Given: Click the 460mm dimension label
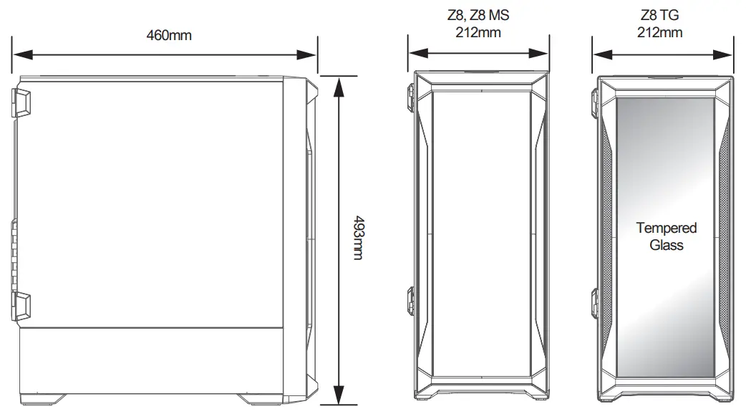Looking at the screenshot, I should (169, 34).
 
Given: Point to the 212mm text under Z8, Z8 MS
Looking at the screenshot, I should (478, 32).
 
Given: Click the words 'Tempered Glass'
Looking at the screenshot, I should (666, 236).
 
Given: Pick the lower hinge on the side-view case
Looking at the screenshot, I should (21, 304).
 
